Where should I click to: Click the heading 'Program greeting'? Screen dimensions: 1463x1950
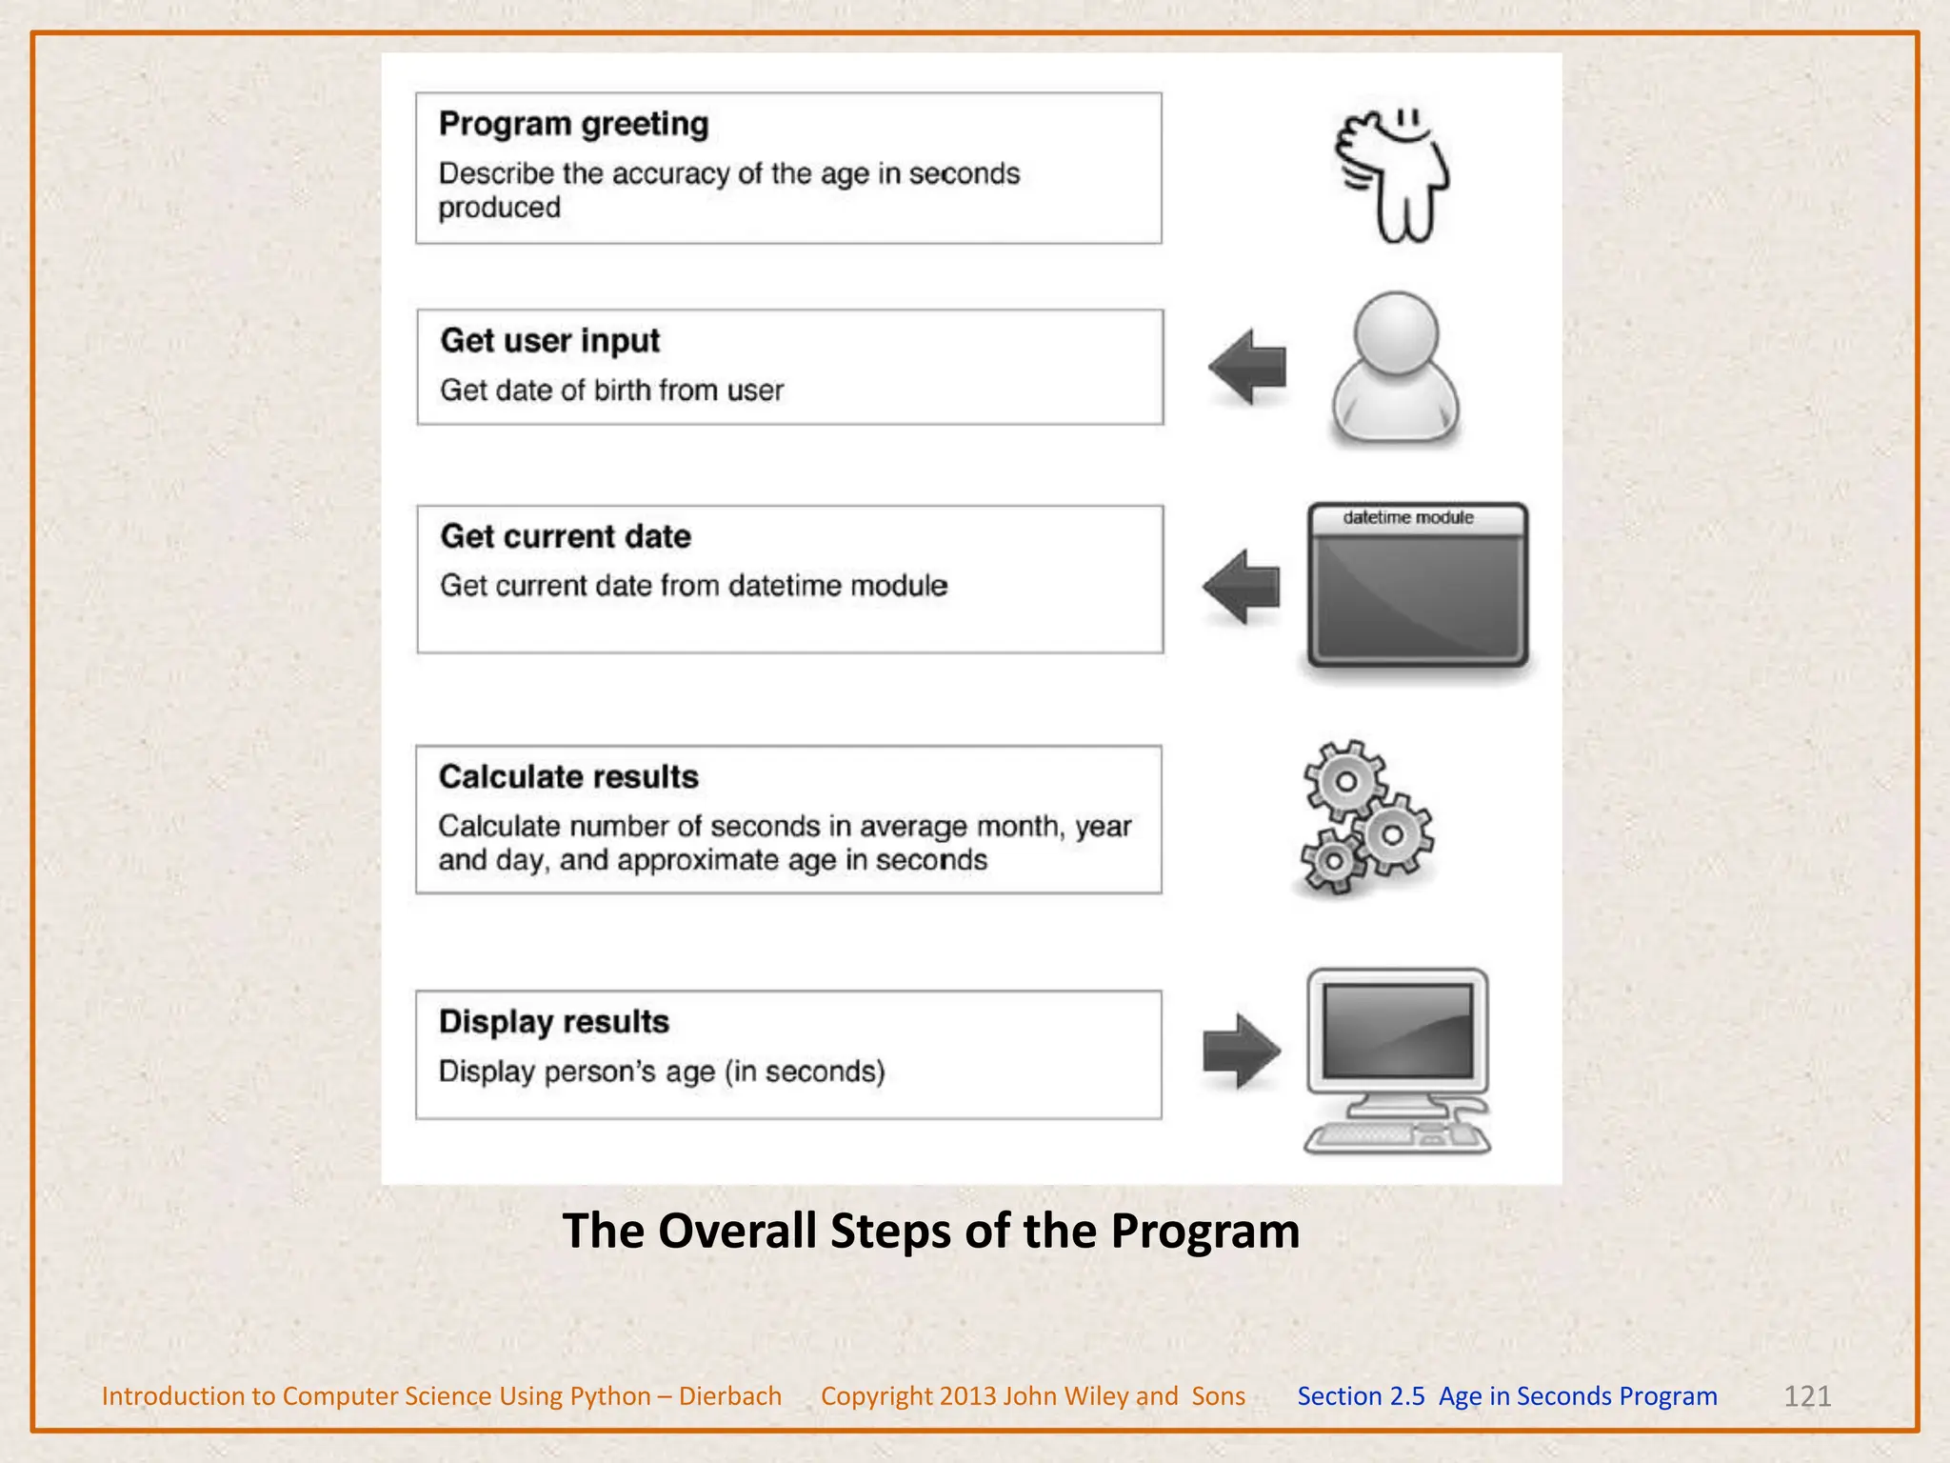[x=573, y=125]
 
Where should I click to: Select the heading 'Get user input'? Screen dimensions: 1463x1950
[x=549, y=341]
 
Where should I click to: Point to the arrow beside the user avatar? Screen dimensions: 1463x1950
[x=1248, y=367]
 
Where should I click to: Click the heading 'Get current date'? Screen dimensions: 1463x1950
[x=566, y=536]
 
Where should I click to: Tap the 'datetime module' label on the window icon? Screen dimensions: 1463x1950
[x=1408, y=518]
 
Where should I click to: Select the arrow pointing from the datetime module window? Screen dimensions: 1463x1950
[x=1243, y=587]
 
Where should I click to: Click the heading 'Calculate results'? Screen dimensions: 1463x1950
[x=568, y=777]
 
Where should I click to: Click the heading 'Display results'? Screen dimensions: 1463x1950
[x=554, y=1022]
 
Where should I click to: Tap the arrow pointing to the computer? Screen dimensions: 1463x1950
[x=1241, y=1052]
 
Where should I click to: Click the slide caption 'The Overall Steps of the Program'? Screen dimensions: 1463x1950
[x=930, y=1231]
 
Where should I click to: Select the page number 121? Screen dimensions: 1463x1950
[x=1806, y=1396]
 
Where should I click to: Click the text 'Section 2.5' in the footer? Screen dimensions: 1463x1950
[x=1361, y=1396]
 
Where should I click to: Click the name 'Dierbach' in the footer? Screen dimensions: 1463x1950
[x=729, y=1396]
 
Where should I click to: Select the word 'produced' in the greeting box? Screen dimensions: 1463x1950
[x=499, y=208]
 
